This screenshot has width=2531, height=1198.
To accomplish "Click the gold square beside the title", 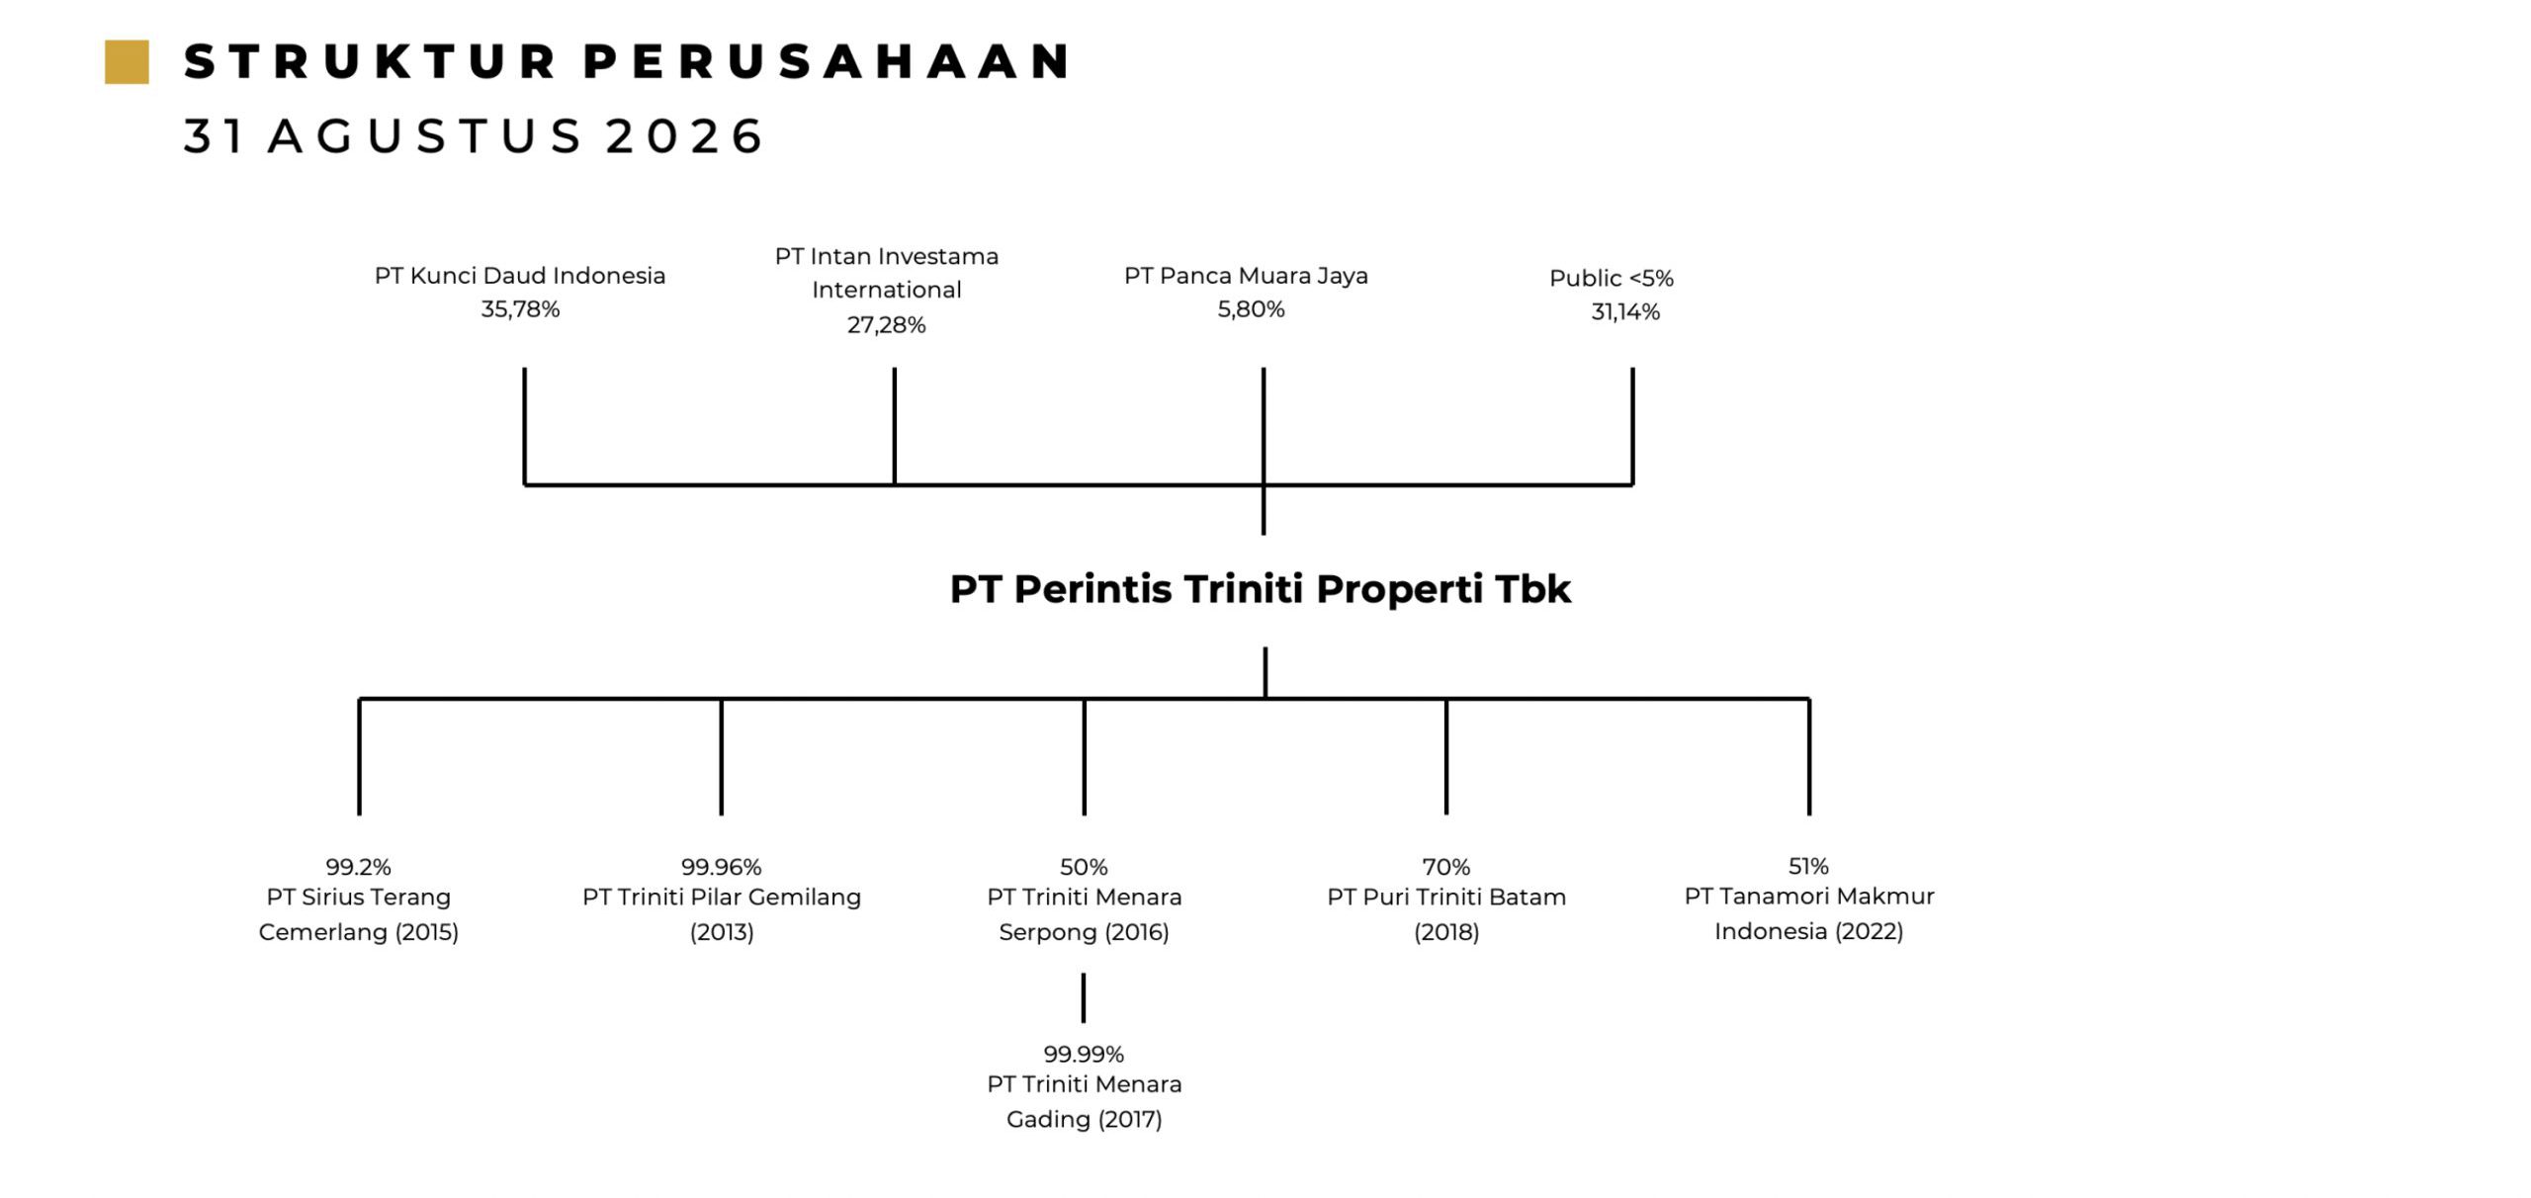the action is click(127, 61).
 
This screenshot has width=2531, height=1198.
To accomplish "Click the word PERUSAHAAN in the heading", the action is click(828, 61).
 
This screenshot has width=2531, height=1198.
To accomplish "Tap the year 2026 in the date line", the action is click(684, 135).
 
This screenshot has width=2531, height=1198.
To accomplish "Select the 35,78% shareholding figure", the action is click(520, 309).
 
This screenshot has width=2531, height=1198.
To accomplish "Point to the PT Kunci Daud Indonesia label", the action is click(520, 276).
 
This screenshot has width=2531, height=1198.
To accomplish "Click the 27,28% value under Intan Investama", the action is click(886, 325).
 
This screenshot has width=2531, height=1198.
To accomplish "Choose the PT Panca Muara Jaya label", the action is click(1246, 276).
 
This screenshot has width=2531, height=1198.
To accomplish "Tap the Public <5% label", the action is click(1612, 279).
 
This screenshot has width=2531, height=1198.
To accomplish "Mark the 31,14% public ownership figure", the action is click(1625, 312).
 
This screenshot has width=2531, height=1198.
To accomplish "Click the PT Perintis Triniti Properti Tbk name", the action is click(1260, 589).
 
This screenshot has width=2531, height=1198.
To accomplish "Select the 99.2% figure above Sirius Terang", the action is click(358, 867).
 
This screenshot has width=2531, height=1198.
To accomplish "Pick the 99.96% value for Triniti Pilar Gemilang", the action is click(721, 867).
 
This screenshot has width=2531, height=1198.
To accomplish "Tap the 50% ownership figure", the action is click(1084, 867).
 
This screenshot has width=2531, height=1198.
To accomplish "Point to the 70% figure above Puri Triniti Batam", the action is click(1446, 867).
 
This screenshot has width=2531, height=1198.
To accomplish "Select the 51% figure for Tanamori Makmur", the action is click(1808, 866).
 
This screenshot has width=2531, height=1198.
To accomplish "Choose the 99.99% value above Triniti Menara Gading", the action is click(1084, 1054).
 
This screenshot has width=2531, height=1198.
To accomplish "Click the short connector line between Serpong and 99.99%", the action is click(1084, 997).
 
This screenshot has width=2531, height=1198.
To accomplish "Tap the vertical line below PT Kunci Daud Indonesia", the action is click(524, 426).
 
